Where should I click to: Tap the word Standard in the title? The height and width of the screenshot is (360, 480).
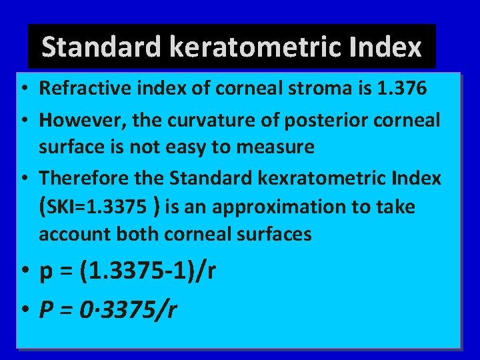102,47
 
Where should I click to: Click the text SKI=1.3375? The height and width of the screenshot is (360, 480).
95,207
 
